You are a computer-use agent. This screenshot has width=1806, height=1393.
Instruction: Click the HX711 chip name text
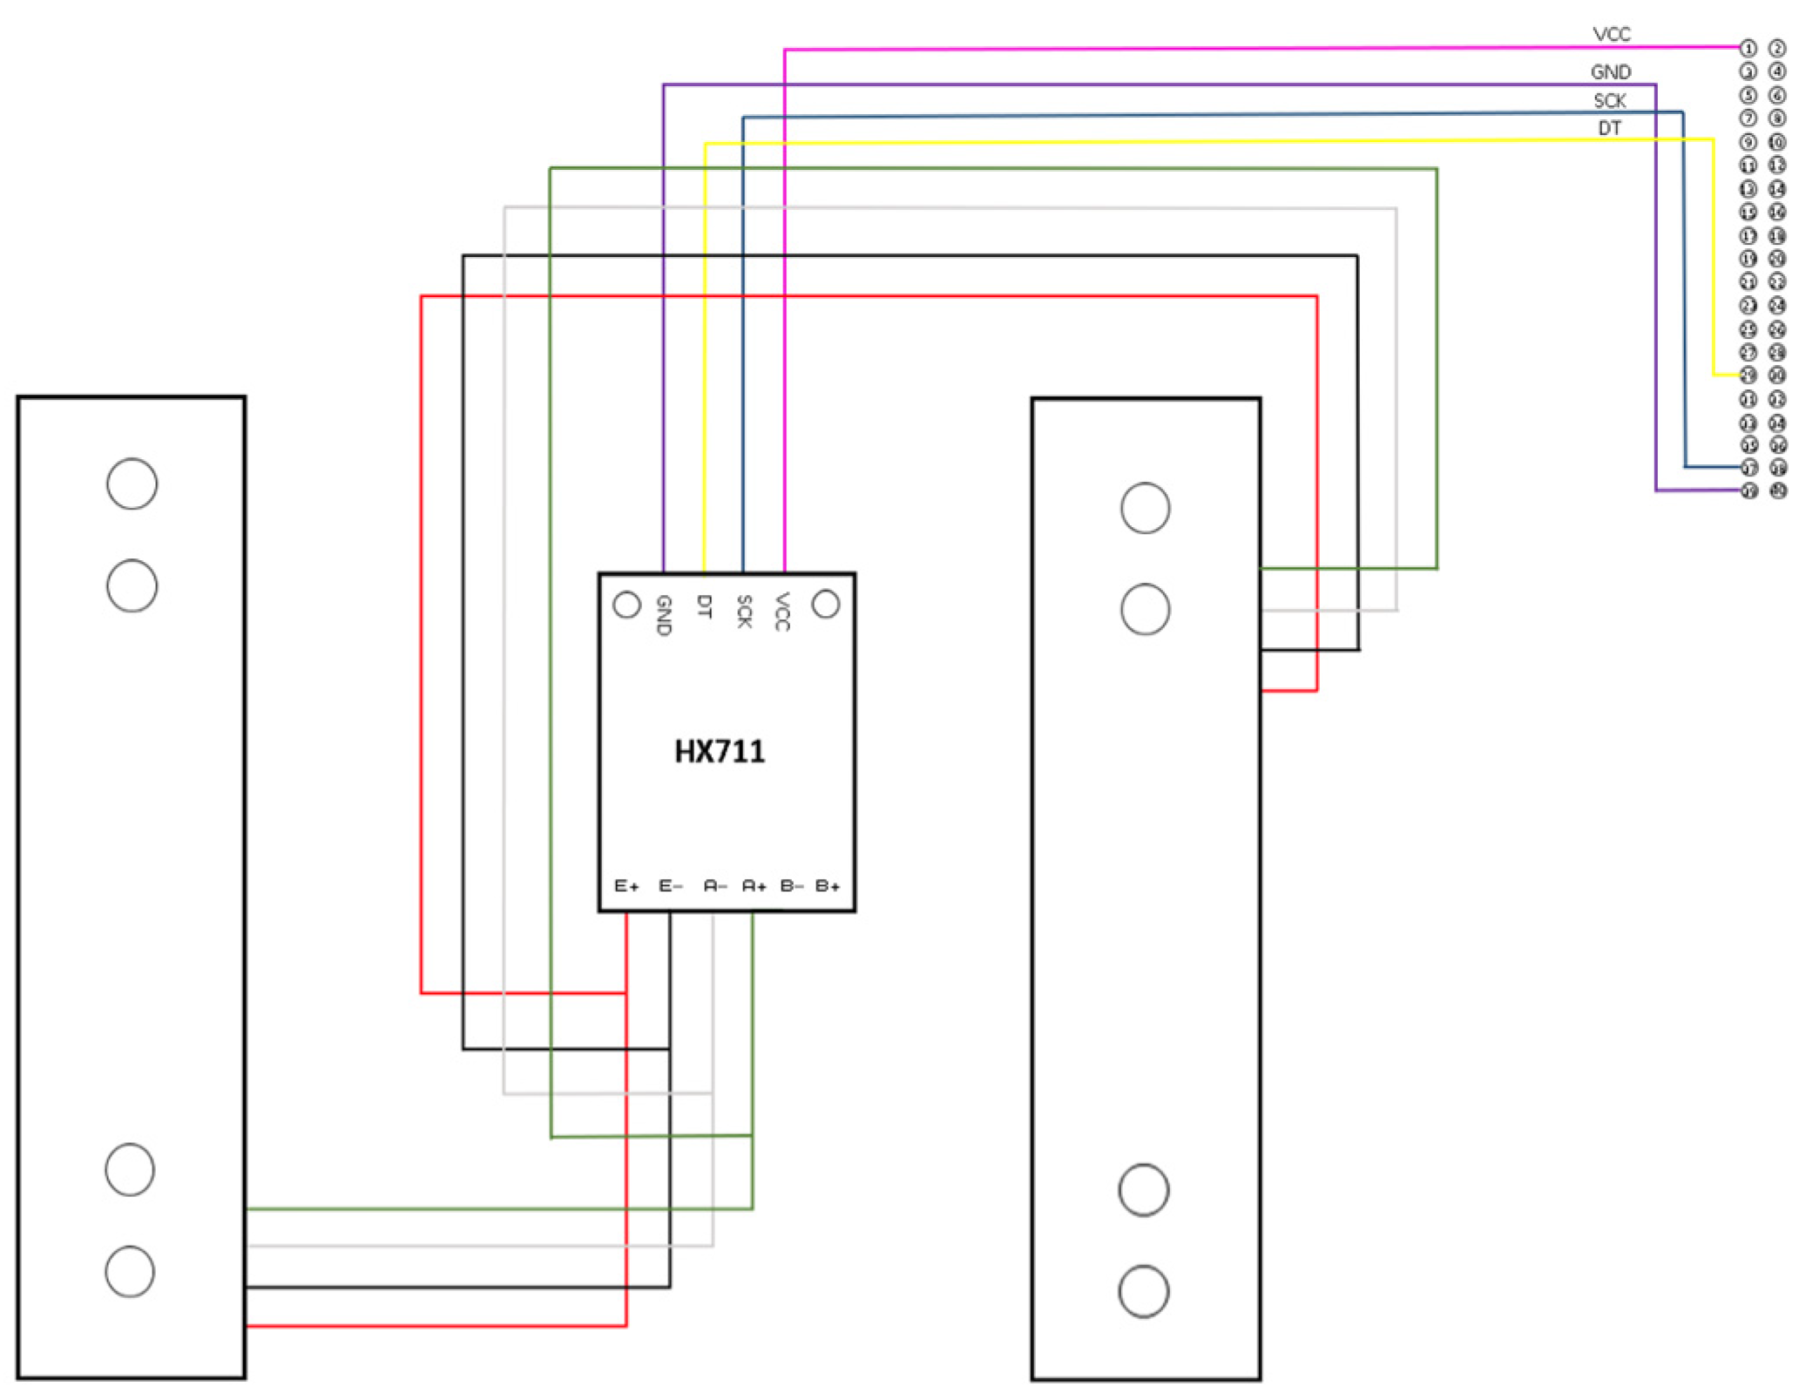click(x=719, y=751)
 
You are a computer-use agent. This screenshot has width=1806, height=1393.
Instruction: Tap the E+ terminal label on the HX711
click(x=626, y=886)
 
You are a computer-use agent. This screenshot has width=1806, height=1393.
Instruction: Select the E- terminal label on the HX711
click(x=670, y=886)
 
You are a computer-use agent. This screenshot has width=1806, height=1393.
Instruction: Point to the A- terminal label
click(x=714, y=886)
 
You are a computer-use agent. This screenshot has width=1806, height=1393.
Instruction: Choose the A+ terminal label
click(x=754, y=886)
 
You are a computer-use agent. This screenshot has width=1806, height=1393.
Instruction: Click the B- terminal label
click(x=791, y=886)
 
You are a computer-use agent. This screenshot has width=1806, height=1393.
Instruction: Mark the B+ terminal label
click(x=828, y=886)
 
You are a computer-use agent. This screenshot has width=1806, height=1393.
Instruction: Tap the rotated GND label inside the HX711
click(x=663, y=615)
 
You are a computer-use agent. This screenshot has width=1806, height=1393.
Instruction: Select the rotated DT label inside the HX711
click(x=704, y=606)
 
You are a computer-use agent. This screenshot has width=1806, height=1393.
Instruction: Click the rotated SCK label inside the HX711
click(x=743, y=611)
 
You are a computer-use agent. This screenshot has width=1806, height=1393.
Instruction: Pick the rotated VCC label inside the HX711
click(x=782, y=611)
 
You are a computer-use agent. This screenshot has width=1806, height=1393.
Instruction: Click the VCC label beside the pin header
click(x=1611, y=34)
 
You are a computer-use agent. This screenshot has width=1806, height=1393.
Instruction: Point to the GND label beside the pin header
click(x=1610, y=71)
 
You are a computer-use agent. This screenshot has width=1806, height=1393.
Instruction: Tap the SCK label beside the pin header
click(x=1609, y=100)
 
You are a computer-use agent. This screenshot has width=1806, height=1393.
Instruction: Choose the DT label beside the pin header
click(x=1609, y=128)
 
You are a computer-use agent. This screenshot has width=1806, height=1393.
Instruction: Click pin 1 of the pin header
click(x=1748, y=48)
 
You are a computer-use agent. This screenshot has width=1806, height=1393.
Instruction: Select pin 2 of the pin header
click(x=1777, y=48)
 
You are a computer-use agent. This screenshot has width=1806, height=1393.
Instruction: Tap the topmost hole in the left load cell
click(x=132, y=483)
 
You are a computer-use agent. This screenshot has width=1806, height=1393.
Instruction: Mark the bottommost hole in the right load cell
click(x=1143, y=1291)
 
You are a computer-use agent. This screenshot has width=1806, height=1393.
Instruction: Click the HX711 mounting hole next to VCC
click(x=825, y=604)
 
